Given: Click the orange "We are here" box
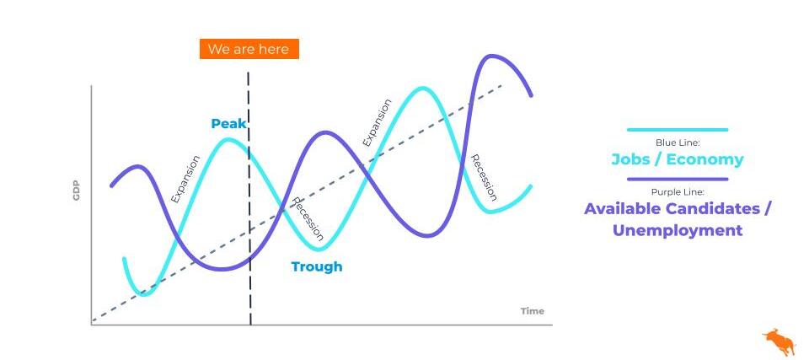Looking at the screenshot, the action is click(249, 49).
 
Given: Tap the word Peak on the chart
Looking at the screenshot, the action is click(228, 124).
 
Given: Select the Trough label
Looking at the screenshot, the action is click(317, 267).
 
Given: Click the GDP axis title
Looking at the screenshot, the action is click(77, 192).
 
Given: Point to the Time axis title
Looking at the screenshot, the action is click(532, 311).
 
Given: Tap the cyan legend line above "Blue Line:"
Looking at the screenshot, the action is click(678, 130).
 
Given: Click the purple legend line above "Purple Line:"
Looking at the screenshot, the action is click(678, 180).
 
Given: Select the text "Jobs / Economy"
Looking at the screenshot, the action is click(678, 159).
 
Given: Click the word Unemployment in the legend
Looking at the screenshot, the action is click(678, 230).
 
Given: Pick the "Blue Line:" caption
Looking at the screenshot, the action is click(678, 142).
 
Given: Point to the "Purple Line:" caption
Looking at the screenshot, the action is click(678, 192).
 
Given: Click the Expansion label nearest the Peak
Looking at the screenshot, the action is click(185, 180).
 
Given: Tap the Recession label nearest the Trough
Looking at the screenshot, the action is click(308, 219).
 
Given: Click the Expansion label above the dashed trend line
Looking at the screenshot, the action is click(376, 122).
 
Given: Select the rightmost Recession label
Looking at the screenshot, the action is click(484, 178).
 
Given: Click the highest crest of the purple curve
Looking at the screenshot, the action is click(493, 56).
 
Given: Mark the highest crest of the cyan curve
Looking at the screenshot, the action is click(423, 89).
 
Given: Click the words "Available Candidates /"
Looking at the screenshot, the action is click(678, 209).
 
